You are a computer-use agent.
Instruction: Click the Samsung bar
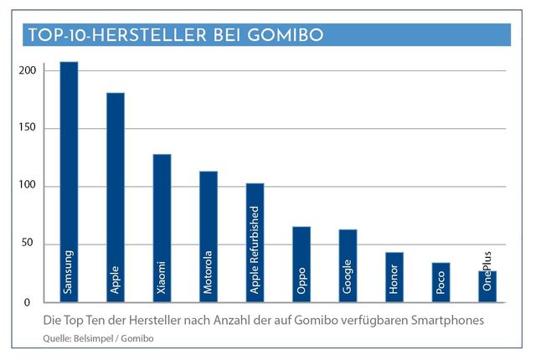[69, 180]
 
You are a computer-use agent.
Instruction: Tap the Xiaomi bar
[162, 226]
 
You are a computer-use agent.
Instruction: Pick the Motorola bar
[209, 235]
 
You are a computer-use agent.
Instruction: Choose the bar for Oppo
[301, 262]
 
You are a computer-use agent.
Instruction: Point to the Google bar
[348, 264]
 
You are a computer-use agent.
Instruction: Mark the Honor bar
[394, 275]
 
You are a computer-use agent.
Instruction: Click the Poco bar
[441, 281]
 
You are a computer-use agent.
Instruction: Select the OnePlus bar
[487, 285]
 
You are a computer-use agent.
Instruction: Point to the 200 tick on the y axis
[29, 70]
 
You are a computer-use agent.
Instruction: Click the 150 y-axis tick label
[29, 128]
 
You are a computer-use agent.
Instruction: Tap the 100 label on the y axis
[29, 186]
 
